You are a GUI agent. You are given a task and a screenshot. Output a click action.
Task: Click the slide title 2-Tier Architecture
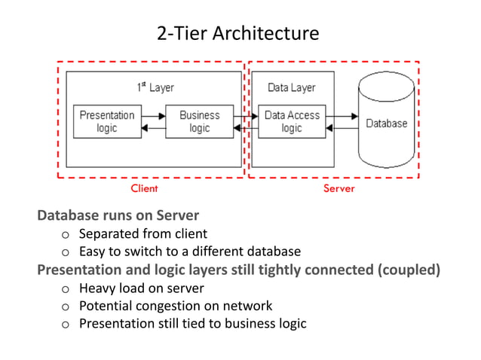tap(237, 34)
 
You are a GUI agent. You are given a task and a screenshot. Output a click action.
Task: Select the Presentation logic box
tap(107, 122)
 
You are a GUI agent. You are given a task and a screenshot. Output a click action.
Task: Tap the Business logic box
tap(199, 122)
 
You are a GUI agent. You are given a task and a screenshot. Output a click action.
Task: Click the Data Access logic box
tap(292, 122)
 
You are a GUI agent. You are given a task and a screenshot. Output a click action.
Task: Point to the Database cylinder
tap(386, 123)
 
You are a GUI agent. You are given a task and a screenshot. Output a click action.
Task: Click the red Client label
tap(144, 188)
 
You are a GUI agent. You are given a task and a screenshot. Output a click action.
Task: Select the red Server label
tap(339, 188)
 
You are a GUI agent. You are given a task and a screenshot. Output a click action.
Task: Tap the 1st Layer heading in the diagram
tap(155, 87)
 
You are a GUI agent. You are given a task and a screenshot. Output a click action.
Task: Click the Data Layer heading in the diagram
tap(292, 87)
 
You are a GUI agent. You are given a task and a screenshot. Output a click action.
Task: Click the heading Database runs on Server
tap(118, 216)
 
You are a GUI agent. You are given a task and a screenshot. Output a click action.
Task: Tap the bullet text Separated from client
tap(143, 233)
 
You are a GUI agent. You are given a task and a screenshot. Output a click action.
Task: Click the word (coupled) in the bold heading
tap(408, 269)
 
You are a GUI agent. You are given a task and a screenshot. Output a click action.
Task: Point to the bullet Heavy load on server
tap(141, 288)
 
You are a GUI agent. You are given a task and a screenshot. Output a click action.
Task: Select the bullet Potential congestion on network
tap(176, 306)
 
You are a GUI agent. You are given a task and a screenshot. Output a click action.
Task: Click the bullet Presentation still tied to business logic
tap(192, 324)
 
